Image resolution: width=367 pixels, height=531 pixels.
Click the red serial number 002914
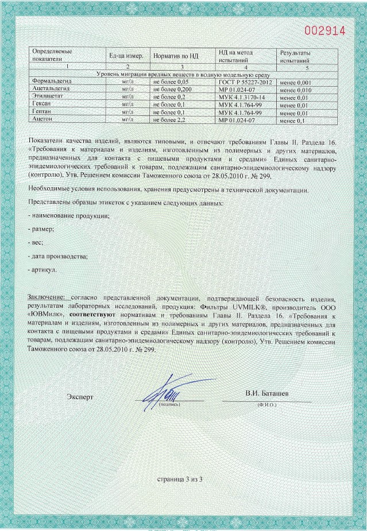325,30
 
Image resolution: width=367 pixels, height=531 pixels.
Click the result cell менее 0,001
295,84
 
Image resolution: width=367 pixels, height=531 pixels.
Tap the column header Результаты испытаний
295,56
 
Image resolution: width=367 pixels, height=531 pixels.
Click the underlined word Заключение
49,299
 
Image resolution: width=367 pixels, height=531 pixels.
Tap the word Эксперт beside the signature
80,397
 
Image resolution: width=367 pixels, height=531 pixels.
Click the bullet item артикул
43,269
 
